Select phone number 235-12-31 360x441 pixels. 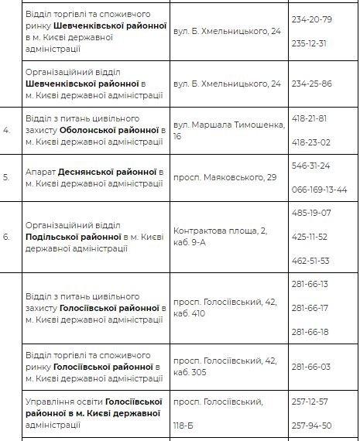[x=310, y=43]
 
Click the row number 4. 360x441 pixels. [x=7, y=130]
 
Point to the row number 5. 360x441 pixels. [x=7, y=176]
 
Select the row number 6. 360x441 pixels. [x=7, y=236]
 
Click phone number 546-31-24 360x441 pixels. [x=310, y=166]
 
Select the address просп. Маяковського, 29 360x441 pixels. [x=225, y=177]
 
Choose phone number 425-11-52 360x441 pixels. [x=309, y=236]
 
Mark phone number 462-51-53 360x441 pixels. [x=310, y=260]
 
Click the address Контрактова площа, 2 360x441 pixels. [x=219, y=230]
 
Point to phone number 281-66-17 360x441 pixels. [x=310, y=308]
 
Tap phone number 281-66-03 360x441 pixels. [x=310, y=367]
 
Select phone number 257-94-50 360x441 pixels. [x=310, y=426]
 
